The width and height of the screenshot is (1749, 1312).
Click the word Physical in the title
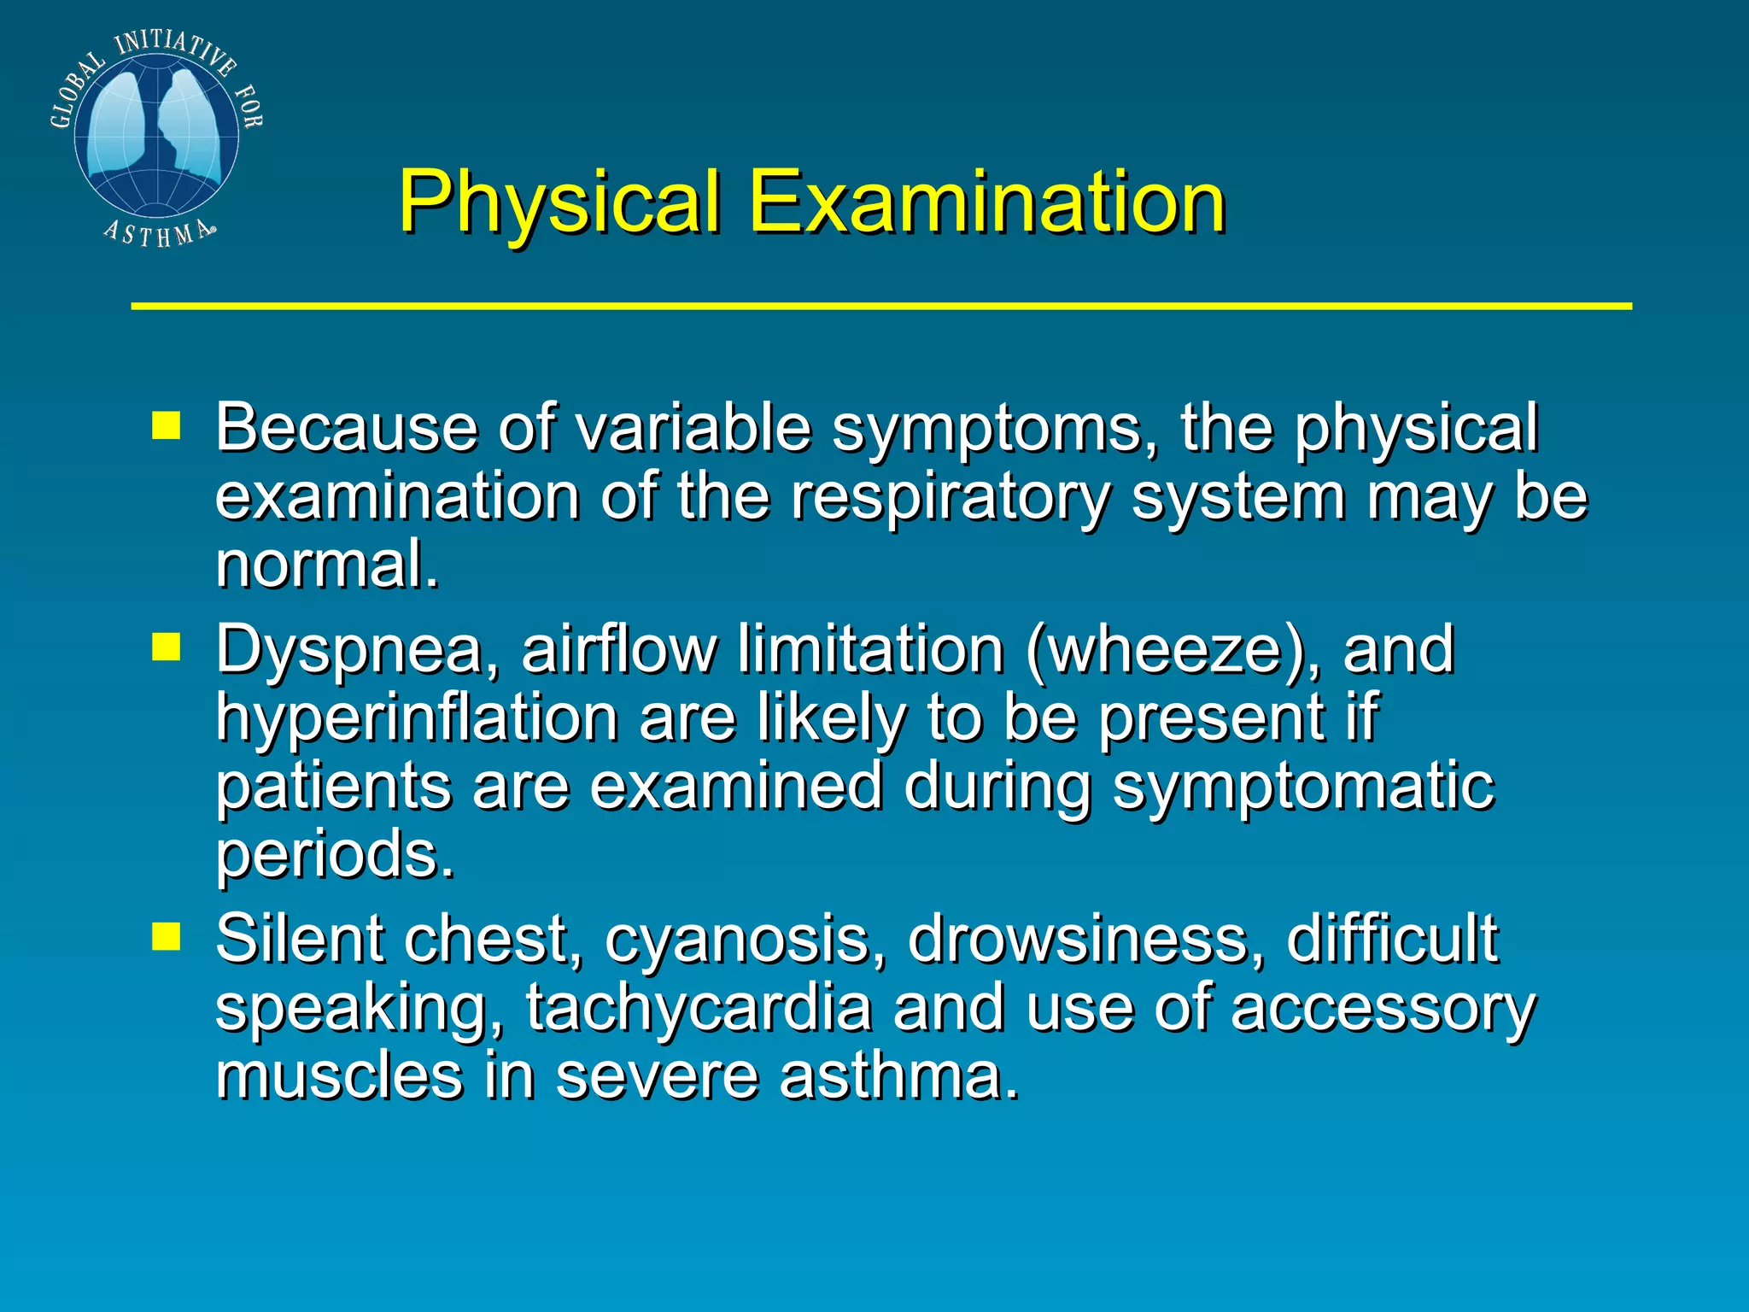(x=559, y=202)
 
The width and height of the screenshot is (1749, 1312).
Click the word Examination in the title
(x=987, y=202)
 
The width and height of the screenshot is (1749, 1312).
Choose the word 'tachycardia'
(x=699, y=1009)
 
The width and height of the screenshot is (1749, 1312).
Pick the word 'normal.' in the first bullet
(x=327, y=565)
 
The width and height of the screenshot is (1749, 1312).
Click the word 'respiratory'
(x=951, y=497)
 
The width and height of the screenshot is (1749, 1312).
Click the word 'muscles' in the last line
(x=339, y=1076)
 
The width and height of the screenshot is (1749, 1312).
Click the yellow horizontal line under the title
(x=880, y=306)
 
